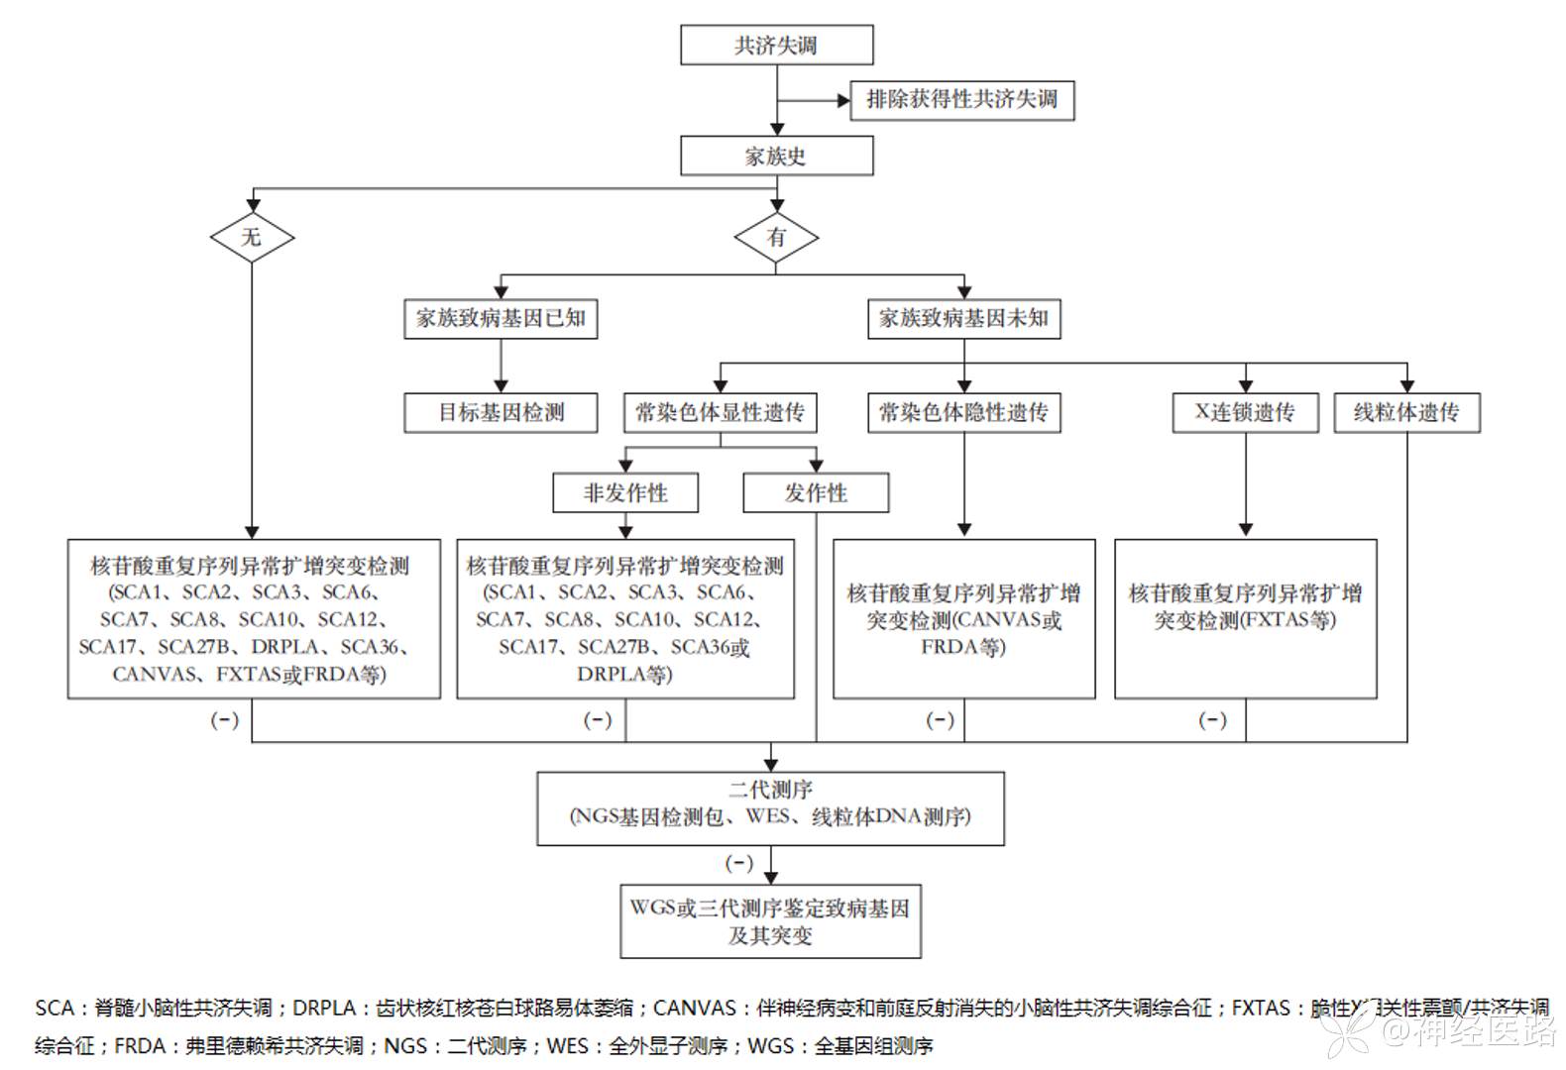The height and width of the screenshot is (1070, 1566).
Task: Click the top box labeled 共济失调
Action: (776, 46)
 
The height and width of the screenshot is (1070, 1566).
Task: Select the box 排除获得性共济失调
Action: (961, 100)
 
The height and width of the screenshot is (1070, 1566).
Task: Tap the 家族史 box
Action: (776, 157)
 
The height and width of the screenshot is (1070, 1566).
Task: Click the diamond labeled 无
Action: (252, 237)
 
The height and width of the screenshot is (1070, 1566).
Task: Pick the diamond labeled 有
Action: (776, 238)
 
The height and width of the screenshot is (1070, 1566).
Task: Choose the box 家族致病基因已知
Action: (501, 319)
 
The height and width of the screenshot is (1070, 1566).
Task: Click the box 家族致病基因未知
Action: (963, 319)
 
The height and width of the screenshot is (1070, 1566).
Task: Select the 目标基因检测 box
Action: (501, 413)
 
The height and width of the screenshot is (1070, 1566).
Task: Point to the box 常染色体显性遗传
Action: (720, 413)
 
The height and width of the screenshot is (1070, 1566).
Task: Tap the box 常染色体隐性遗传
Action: (963, 413)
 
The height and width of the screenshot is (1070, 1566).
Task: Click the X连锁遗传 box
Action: (1245, 413)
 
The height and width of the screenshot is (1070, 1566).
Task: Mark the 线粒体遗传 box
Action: (1406, 413)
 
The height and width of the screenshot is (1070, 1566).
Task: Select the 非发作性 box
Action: (625, 493)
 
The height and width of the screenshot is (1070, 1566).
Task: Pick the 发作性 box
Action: (816, 493)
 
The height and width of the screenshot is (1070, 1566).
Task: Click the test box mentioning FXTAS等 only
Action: (1245, 618)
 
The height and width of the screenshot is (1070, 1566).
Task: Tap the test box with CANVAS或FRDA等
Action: (963, 618)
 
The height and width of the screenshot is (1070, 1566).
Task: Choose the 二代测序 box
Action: (770, 808)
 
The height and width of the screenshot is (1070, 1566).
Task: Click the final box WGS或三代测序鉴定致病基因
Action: (770, 921)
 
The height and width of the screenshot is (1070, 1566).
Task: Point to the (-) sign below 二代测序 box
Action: (739, 864)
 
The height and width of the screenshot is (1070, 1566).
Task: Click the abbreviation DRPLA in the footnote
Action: (325, 1009)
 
